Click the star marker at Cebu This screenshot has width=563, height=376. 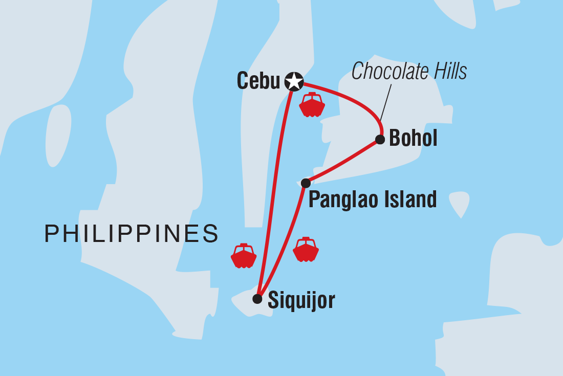(294, 81)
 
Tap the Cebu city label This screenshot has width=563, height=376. (258, 81)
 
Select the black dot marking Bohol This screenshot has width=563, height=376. (380, 139)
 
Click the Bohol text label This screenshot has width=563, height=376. (413, 139)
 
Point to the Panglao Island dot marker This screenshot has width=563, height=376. (306, 183)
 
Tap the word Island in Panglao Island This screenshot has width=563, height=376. (411, 199)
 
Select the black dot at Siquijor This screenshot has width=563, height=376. (257, 299)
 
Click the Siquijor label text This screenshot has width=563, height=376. (301, 300)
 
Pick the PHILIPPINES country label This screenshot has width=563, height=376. (132, 234)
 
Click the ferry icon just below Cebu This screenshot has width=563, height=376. (312, 105)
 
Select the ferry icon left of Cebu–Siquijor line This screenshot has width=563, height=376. (244, 256)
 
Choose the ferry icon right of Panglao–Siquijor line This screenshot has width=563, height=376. (306, 250)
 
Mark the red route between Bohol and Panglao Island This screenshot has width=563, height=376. (343, 161)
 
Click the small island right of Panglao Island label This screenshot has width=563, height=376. (459, 203)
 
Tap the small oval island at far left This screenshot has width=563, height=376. (58, 136)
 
